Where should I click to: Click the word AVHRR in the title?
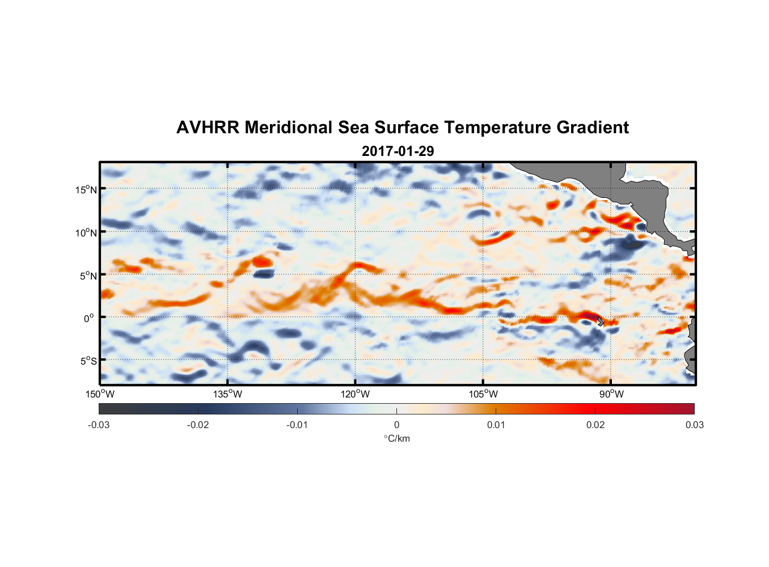[x=208, y=128]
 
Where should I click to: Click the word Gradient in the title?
[x=593, y=128]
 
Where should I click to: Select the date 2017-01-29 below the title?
[x=398, y=151]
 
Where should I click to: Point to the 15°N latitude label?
[x=86, y=189]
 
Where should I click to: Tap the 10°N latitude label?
[x=86, y=232]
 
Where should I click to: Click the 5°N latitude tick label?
[x=88, y=276]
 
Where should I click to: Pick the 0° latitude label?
[x=89, y=318]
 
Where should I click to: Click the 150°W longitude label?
[x=100, y=394]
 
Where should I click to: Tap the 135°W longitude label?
[x=227, y=394]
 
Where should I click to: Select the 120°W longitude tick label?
[x=355, y=394]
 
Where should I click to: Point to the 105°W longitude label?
[x=483, y=394]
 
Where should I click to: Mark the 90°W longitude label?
[x=611, y=394]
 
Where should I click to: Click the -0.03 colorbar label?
[x=99, y=425]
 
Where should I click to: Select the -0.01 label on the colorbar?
[x=297, y=425]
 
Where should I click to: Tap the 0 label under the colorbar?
[x=396, y=425]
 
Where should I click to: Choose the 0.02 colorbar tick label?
[x=595, y=425]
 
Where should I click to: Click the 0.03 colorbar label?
[x=694, y=425]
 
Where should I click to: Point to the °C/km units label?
[x=397, y=438]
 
